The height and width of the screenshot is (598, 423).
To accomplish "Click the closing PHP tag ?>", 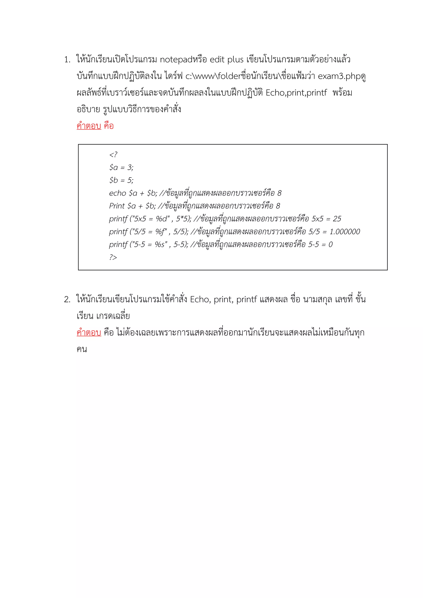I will click(113, 257).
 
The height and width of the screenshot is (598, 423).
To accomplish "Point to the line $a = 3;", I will click(121, 167).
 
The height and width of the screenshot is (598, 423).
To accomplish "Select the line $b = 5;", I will click(121, 180).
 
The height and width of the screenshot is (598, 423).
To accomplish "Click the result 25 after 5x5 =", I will click(337, 219).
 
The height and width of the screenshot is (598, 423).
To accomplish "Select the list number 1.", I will click(67, 60).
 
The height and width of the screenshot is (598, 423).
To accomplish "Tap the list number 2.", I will click(67, 300).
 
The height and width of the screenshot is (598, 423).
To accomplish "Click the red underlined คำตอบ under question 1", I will click(89, 126).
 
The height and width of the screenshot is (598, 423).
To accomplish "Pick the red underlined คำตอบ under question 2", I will click(89, 333).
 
